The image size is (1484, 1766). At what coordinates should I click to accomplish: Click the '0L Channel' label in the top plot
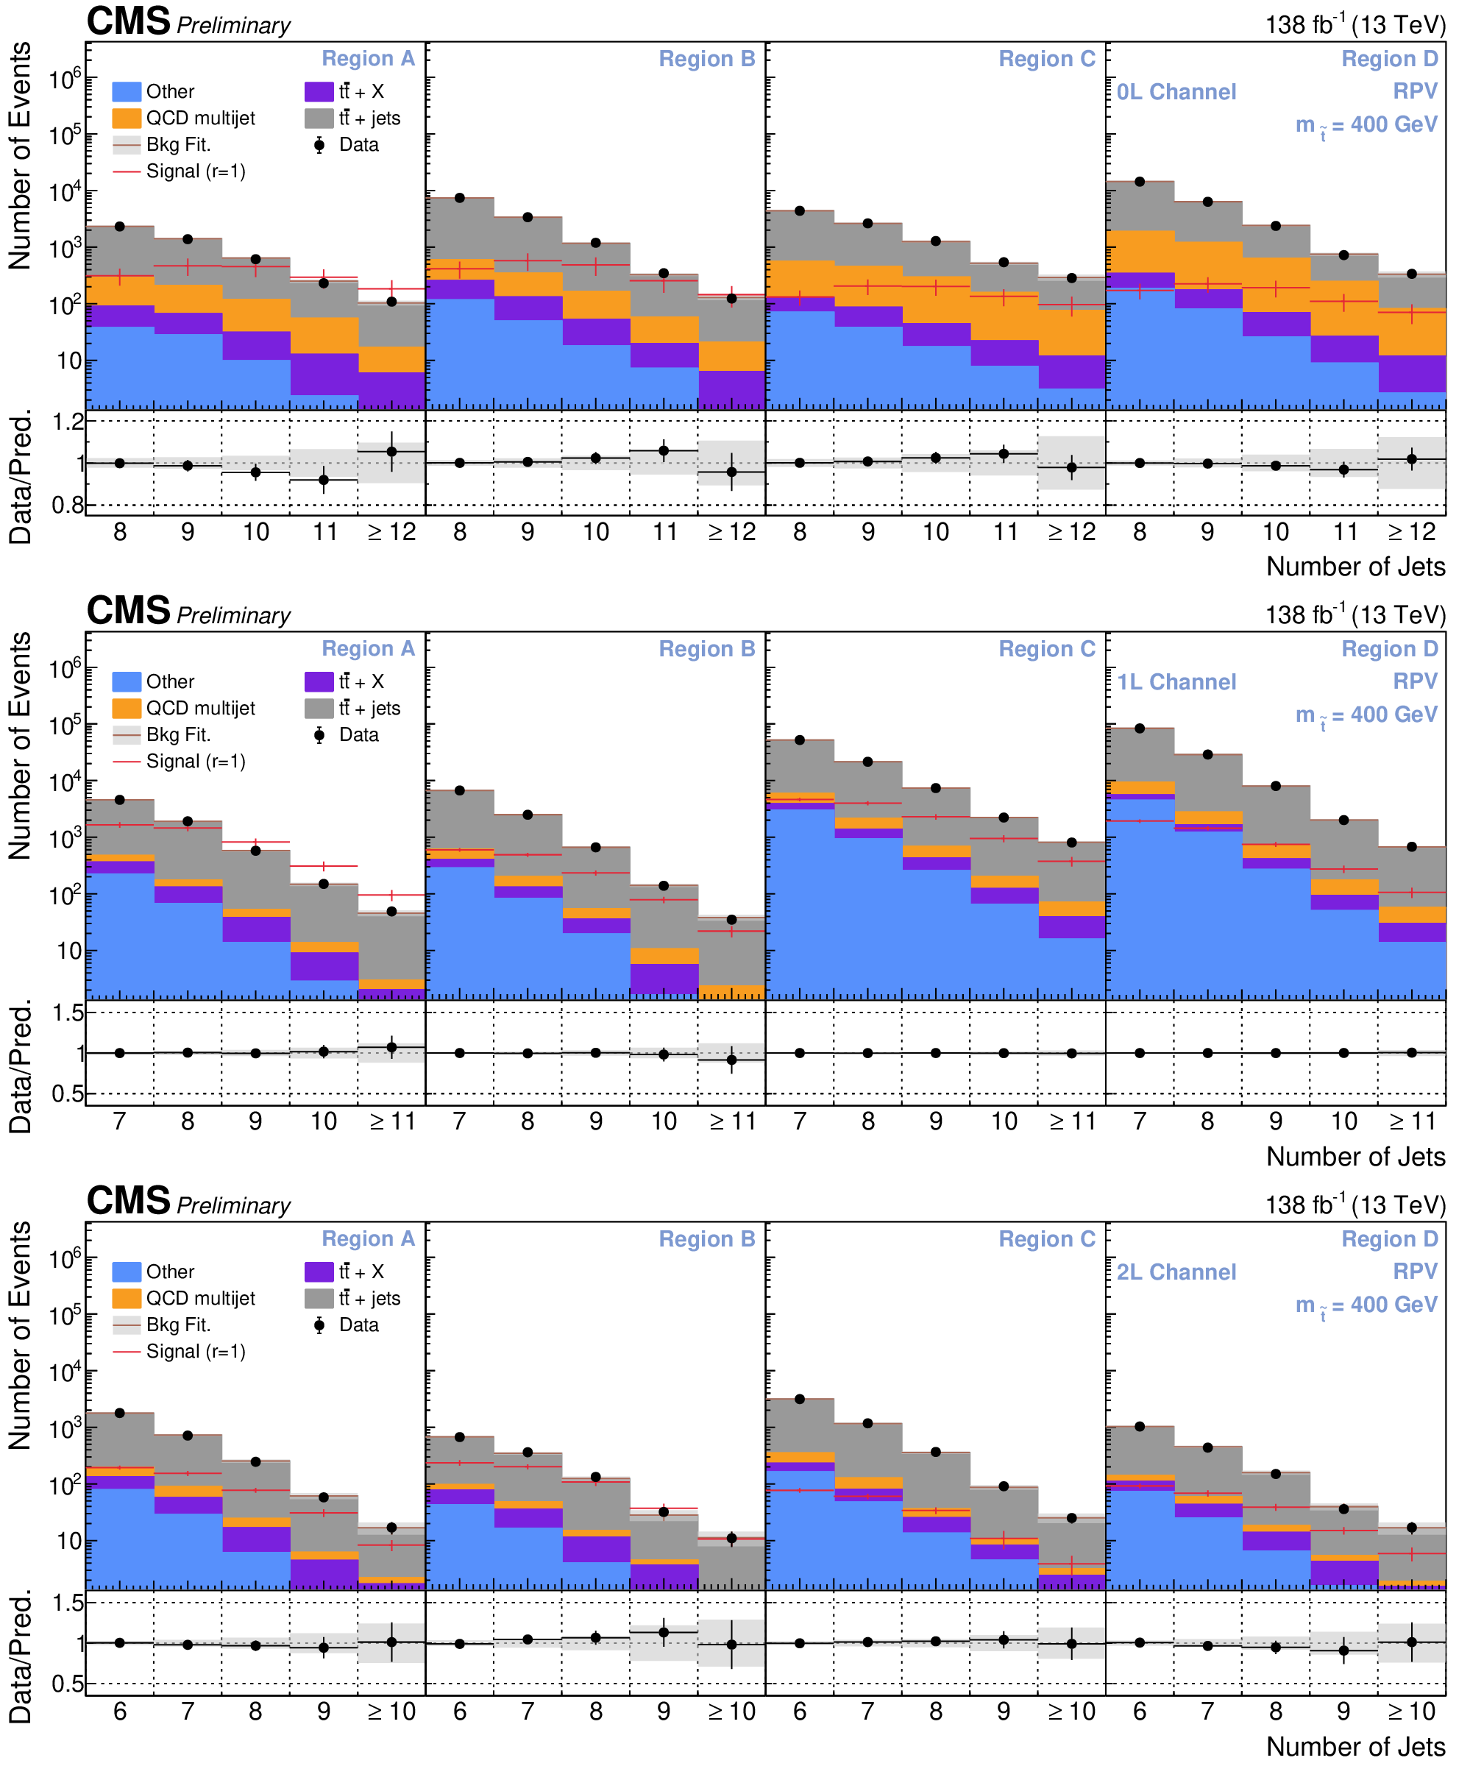coord(1176,92)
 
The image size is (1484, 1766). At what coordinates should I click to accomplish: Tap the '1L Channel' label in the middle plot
coord(1176,681)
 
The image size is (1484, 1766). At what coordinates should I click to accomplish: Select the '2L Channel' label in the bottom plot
coord(1176,1272)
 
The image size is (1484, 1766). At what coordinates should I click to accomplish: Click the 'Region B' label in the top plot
coord(706,59)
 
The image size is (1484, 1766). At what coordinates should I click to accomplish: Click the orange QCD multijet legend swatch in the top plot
coord(127,118)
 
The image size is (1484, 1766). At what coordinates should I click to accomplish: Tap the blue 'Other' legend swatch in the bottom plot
coord(127,1272)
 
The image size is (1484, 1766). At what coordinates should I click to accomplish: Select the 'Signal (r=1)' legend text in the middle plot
coord(195,762)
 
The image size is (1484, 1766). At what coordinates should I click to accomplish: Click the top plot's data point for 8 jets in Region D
coord(1140,182)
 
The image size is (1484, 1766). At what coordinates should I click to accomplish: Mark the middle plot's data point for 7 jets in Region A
coord(119,800)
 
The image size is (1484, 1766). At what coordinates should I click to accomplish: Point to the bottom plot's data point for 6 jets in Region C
coord(800,1399)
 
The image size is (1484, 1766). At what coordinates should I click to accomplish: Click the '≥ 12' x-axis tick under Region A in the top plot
coord(392,532)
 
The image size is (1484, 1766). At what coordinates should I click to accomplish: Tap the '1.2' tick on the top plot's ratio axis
coord(69,422)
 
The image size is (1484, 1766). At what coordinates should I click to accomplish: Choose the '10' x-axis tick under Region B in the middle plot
coord(664,1121)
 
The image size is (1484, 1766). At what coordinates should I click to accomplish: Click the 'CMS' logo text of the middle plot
coord(128,611)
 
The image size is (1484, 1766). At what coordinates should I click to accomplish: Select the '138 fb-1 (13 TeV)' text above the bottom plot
coord(1355,1205)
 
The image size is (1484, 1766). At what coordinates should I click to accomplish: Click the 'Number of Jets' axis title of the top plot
coord(1355,567)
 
